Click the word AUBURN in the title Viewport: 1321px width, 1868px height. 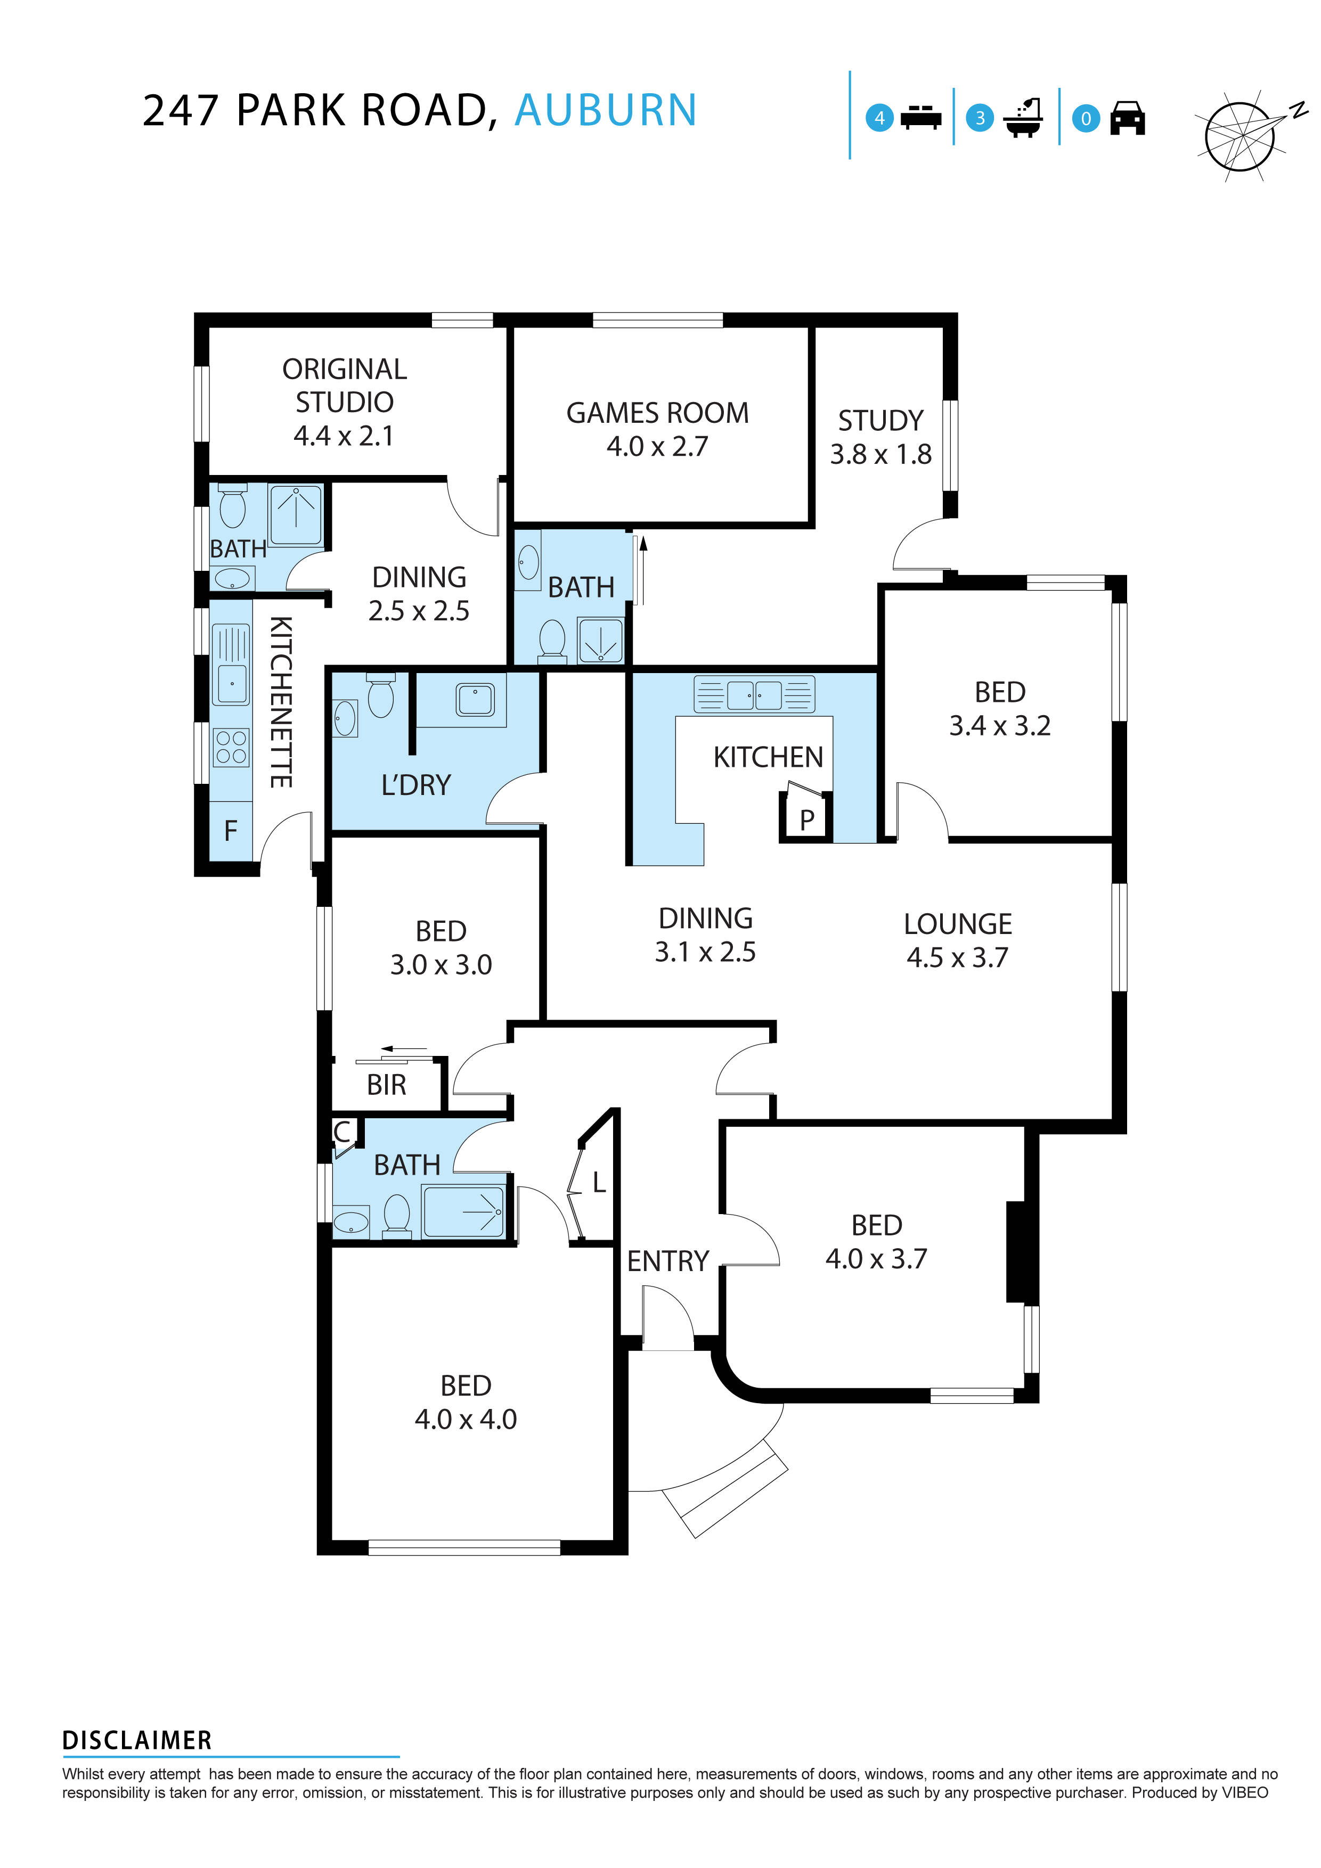tap(606, 111)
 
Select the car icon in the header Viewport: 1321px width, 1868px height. tap(1127, 118)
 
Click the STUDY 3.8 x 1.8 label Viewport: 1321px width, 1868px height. tap(880, 437)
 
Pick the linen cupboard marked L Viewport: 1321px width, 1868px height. tap(598, 1183)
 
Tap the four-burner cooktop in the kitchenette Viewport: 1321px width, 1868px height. tap(230, 748)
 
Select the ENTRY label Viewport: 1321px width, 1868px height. tap(667, 1261)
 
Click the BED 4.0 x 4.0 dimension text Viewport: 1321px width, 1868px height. tap(466, 1420)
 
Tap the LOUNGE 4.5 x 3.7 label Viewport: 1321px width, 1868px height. tap(957, 940)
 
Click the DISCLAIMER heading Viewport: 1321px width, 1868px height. tap(137, 1740)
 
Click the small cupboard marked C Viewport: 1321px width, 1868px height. tap(342, 1132)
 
